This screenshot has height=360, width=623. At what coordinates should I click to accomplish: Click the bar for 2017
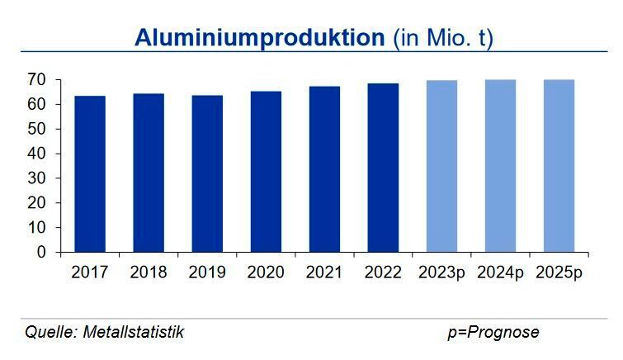pyautogui.click(x=90, y=174)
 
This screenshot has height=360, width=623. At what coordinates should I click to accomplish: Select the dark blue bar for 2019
pyautogui.click(x=207, y=174)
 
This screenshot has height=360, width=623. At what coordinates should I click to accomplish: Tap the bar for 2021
pyautogui.click(x=325, y=169)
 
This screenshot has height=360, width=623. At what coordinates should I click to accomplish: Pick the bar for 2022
pyautogui.click(x=384, y=168)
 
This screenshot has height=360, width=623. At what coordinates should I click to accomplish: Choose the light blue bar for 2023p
pyautogui.click(x=442, y=166)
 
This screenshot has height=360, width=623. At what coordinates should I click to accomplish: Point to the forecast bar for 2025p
pyautogui.click(x=559, y=166)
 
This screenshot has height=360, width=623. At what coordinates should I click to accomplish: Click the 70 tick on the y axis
pyautogui.click(x=35, y=80)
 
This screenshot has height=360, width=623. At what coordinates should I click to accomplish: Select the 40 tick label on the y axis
pyautogui.click(x=35, y=154)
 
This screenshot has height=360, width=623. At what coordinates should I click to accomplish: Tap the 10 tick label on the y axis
pyautogui.click(x=35, y=227)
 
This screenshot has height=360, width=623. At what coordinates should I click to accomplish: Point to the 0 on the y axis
pyautogui.click(x=40, y=252)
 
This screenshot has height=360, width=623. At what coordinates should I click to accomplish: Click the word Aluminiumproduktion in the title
pyautogui.click(x=260, y=38)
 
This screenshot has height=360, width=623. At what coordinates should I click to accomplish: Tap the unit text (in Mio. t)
pyautogui.click(x=442, y=38)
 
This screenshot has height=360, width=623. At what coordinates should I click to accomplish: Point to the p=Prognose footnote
pyautogui.click(x=493, y=332)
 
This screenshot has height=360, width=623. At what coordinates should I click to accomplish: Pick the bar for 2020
pyautogui.click(x=266, y=172)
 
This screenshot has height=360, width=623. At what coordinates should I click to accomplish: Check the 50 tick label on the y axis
pyautogui.click(x=35, y=129)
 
